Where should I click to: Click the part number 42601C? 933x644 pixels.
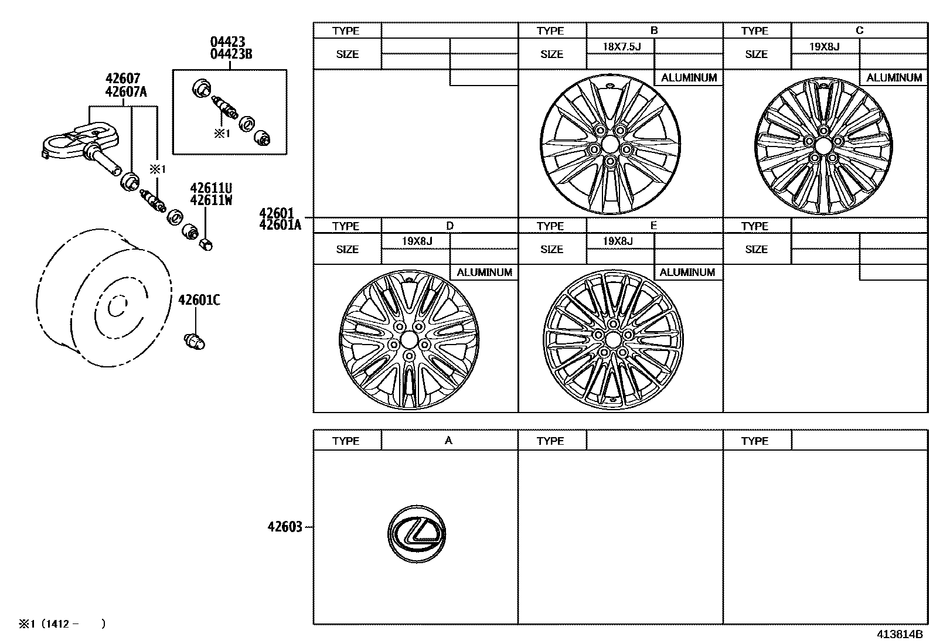pyautogui.click(x=199, y=300)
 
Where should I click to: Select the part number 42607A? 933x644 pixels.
pyautogui.click(x=126, y=91)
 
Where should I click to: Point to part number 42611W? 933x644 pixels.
pyautogui.click(x=210, y=200)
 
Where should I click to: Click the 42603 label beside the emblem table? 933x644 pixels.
pyautogui.click(x=285, y=527)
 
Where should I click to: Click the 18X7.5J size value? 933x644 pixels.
pyautogui.click(x=621, y=46)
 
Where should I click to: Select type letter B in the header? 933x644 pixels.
pyautogui.click(x=654, y=30)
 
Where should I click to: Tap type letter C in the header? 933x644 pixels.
pyautogui.click(x=859, y=30)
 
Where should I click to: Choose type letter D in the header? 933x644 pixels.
pyautogui.click(x=450, y=226)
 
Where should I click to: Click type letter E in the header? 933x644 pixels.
pyautogui.click(x=653, y=226)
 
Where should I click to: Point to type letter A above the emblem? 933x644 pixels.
pyautogui.click(x=448, y=441)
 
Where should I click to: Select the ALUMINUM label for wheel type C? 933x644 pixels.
pyautogui.click(x=894, y=77)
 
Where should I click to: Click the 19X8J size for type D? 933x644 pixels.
pyautogui.click(x=417, y=241)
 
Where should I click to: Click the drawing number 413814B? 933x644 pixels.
pyautogui.click(x=900, y=634)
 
